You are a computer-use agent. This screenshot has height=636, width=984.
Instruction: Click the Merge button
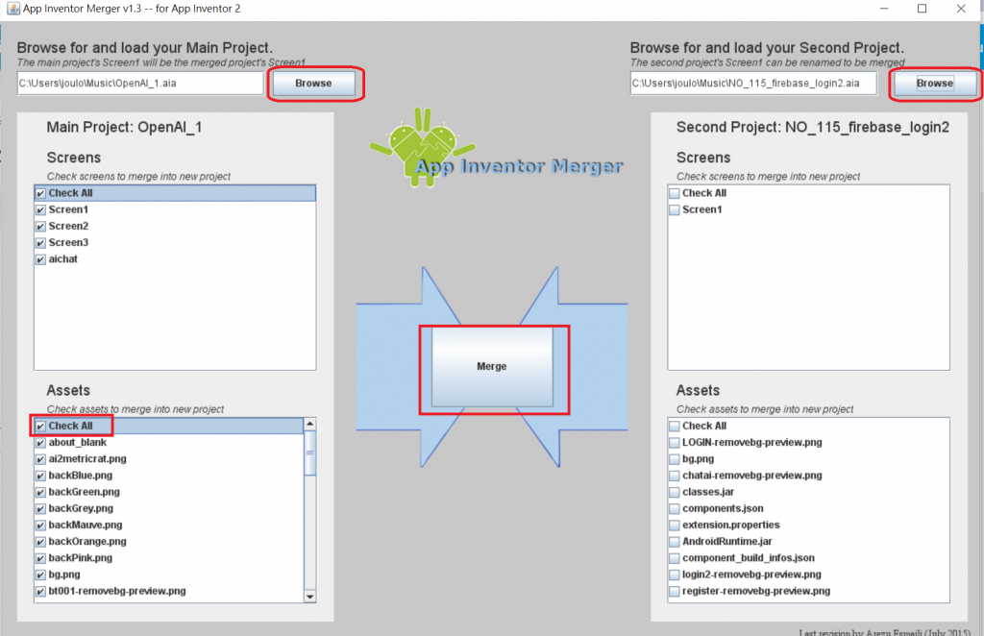point(492,366)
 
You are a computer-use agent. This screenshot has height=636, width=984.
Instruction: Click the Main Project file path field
point(140,84)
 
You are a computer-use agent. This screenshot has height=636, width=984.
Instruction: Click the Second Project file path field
point(753,84)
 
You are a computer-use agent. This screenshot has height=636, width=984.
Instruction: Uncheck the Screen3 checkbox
point(40,243)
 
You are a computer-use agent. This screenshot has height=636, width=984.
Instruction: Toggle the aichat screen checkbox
point(40,259)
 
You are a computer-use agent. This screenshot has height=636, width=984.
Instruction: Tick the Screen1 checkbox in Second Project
point(675,209)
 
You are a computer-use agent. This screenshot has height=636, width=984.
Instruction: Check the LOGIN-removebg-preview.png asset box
point(675,443)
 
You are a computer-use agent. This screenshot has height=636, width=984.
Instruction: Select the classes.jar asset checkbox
point(675,492)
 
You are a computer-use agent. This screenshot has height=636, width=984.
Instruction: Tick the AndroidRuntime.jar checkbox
point(675,542)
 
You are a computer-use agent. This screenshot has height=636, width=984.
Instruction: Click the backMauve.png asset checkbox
point(40,526)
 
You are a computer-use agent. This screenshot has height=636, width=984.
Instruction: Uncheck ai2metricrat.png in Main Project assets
point(40,459)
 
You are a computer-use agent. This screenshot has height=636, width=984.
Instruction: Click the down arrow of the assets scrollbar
point(309,596)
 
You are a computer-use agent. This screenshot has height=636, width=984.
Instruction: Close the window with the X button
point(960,9)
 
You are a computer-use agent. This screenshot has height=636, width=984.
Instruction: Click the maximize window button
point(922,9)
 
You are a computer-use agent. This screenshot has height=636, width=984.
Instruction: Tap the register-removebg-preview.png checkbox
point(675,591)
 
